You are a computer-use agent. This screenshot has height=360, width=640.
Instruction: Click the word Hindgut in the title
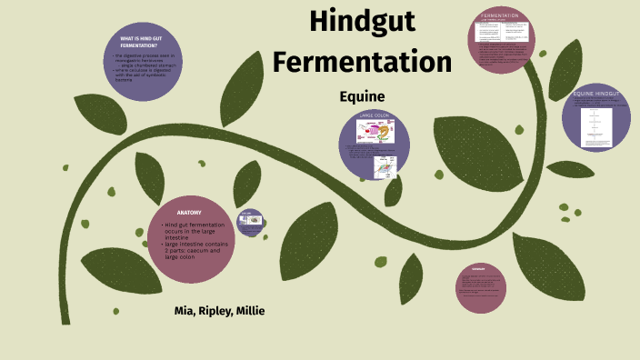362,22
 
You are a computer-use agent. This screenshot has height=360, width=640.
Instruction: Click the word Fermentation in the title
362,62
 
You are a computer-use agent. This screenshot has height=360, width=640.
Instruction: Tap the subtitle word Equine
362,96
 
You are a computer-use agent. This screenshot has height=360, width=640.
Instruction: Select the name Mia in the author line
185,311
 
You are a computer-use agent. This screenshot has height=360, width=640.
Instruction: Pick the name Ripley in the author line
216,311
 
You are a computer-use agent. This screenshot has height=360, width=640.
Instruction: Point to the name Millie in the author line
251,311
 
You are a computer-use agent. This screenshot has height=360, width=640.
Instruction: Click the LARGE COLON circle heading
374,116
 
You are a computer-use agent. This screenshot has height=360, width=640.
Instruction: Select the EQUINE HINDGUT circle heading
596,94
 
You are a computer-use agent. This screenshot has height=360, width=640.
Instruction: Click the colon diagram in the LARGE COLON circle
375,133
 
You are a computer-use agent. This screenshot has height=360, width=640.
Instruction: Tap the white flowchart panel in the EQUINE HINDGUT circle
597,123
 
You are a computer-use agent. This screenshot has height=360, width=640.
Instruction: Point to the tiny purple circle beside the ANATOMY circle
251,221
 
